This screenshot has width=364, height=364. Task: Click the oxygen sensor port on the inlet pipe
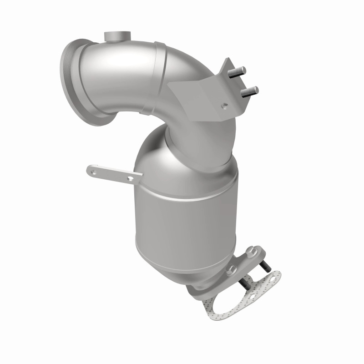click(x=116, y=36)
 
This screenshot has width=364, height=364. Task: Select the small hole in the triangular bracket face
click(x=223, y=106)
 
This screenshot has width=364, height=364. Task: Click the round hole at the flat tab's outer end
click(x=94, y=171)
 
